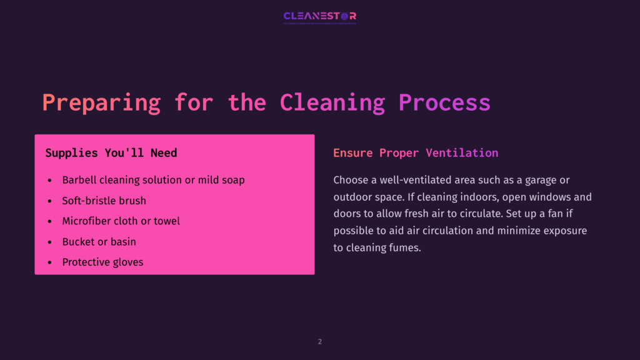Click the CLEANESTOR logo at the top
pos(319,16)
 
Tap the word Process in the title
pos(444,102)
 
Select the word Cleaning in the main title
pos(332,102)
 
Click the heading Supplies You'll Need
pos(111,153)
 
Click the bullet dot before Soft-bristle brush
pos(50,201)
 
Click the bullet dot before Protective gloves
pos(50,262)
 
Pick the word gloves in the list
pos(127,262)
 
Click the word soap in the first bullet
pos(232,180)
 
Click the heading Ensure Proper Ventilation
pos(416,153)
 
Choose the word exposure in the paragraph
pos(566,231)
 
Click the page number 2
pos(320,342)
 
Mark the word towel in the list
pos(166,221)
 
